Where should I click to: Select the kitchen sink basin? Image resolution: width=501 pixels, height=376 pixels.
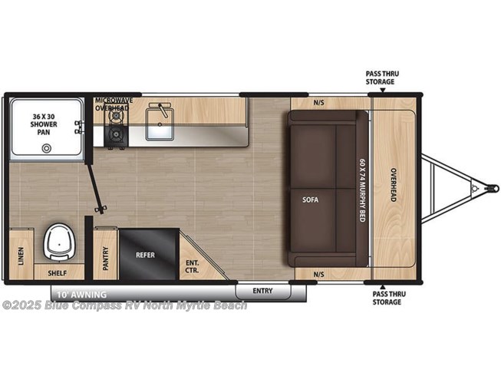(160, 124)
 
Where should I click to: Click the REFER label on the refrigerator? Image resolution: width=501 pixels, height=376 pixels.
(145, 255)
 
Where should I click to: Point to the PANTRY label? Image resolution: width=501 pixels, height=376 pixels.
(106, 259)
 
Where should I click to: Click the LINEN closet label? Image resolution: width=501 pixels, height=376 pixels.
(21, 256)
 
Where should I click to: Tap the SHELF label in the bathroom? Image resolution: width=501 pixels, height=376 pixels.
(58, 273)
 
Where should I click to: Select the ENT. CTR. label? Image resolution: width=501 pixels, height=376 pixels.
(193, 267)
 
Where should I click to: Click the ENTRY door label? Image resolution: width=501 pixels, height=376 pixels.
(262, 291)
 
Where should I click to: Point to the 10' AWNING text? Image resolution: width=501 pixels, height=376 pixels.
(82, 295)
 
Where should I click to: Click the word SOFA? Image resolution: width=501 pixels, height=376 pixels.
(311, 200)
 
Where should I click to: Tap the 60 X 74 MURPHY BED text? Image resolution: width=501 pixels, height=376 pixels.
(362, 190)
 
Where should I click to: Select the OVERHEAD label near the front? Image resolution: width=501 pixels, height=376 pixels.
(394, 185)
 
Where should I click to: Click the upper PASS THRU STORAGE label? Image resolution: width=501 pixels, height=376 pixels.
(382, 78)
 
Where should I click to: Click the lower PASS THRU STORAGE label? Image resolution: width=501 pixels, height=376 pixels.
(389, 298)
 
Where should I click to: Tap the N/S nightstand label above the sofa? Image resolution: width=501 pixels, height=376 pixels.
(318, 103)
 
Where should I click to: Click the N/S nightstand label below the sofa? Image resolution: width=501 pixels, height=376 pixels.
(318, 275)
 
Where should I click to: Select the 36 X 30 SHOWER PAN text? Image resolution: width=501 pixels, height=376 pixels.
(44, 124)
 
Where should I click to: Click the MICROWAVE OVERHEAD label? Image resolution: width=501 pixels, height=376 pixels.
(114, 104)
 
